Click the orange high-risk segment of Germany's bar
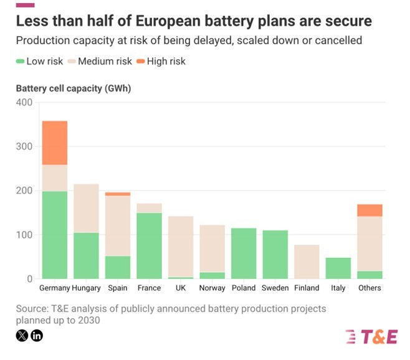tap(54, 143)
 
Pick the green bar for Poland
tap(244, 253)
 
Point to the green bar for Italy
tap(338, 268)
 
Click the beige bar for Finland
tap(307, 262)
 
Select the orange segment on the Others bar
tap(370, 211)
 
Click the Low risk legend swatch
tap(21, 61)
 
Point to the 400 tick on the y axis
tap(24, 102)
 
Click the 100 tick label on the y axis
tap(24, 235)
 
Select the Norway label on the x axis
tap(212, 288)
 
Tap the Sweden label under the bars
tap(275, 288)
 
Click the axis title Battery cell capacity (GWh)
tap(73, 88)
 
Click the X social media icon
tap(22, 336)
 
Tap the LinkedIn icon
tap(37, 336)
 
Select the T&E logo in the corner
tap(371, 336)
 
